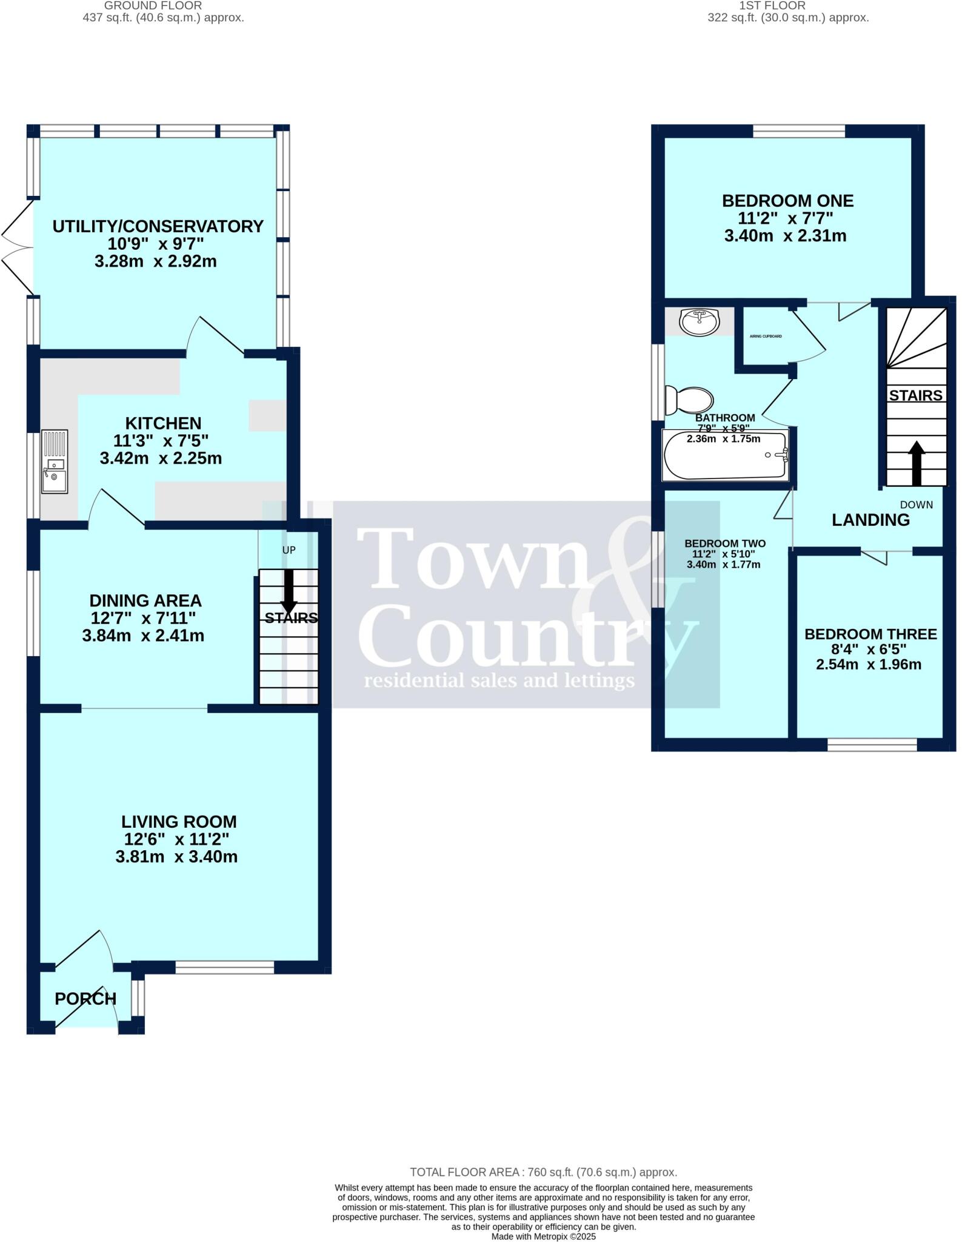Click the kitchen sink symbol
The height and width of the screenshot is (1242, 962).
coord(55,462)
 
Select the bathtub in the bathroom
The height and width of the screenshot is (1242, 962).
coord(725,455)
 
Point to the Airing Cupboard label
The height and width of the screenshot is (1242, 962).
coord(766,336)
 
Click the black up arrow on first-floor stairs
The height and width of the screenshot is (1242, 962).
coord(916,463)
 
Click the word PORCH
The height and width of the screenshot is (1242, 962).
coord(85,998)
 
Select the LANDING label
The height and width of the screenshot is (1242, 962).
coord(870,520)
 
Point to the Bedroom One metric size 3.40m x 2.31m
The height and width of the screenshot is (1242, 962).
coord(785,236)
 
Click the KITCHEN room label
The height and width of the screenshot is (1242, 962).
coord(163,423)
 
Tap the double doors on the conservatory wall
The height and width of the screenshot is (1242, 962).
coord(16,247)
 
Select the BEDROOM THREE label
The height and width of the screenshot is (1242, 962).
coord(870,634)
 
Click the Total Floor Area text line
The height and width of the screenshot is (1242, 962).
coord(543,1172)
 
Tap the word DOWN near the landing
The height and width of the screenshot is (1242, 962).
coord(916,505)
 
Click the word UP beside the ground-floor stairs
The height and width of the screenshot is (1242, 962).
coord(289,550)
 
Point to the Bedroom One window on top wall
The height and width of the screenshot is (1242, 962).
coord(798,131)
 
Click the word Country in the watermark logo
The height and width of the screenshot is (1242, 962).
coord(521,637)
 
